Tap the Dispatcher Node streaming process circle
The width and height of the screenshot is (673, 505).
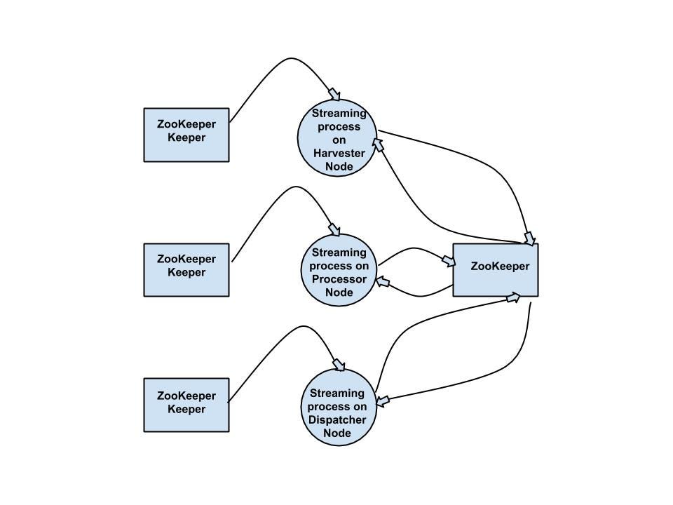pos(337,408)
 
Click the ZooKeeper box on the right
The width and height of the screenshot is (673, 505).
pos(496,270)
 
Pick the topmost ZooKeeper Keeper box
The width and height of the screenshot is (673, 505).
pos(186,135)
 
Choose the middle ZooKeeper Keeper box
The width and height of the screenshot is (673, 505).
pos(186,270)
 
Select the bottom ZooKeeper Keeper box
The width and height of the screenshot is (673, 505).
pos(186,405)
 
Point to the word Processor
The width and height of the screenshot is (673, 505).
pos(339,279)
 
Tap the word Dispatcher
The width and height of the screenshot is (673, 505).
pos(337,420)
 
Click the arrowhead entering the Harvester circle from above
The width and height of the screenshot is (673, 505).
pos(334,95)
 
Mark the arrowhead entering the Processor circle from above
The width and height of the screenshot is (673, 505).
pos(334,229)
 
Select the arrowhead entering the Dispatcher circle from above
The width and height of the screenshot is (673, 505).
pos(339,365)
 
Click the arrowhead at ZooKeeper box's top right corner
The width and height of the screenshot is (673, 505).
pos(530,238)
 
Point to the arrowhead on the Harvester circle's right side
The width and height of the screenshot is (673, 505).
pos(379,144)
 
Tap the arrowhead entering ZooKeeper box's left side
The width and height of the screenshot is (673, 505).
pos(447,262)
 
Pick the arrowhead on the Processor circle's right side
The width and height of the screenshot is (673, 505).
pos(383,282)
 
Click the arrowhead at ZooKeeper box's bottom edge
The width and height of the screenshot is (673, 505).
pos(514,297)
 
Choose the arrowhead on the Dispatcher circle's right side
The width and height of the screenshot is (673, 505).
pos(383,402)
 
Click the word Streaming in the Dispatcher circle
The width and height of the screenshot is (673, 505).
pos(337,393)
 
